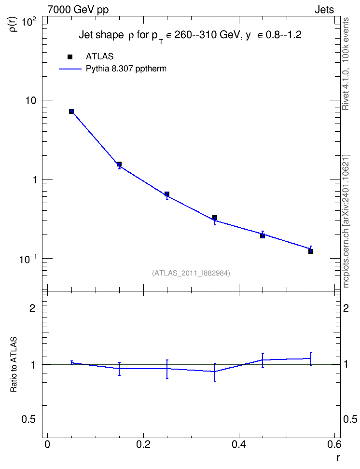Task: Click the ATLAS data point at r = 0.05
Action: tap(71, 111)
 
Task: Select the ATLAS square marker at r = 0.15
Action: tap(119, 164)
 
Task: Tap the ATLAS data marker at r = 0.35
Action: tap(215, 218)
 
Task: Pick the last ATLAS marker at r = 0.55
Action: tap(311, 251)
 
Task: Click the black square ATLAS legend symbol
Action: tap(70, 57)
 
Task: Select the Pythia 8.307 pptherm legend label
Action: tap(126, 69)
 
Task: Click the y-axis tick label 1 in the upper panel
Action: tap(34, 180)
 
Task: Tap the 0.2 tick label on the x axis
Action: tap(143, 444)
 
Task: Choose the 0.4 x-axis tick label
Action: tap(239, 444)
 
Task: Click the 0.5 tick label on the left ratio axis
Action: tap(28, 420)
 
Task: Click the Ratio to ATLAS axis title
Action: tap(14, 364)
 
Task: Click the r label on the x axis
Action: tap(338, 457)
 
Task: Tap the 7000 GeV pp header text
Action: tap(78, 10)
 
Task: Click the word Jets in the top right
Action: tap(324, 10)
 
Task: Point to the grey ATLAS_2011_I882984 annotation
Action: tap(191, 273)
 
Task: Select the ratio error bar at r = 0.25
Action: tap(167, 369)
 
